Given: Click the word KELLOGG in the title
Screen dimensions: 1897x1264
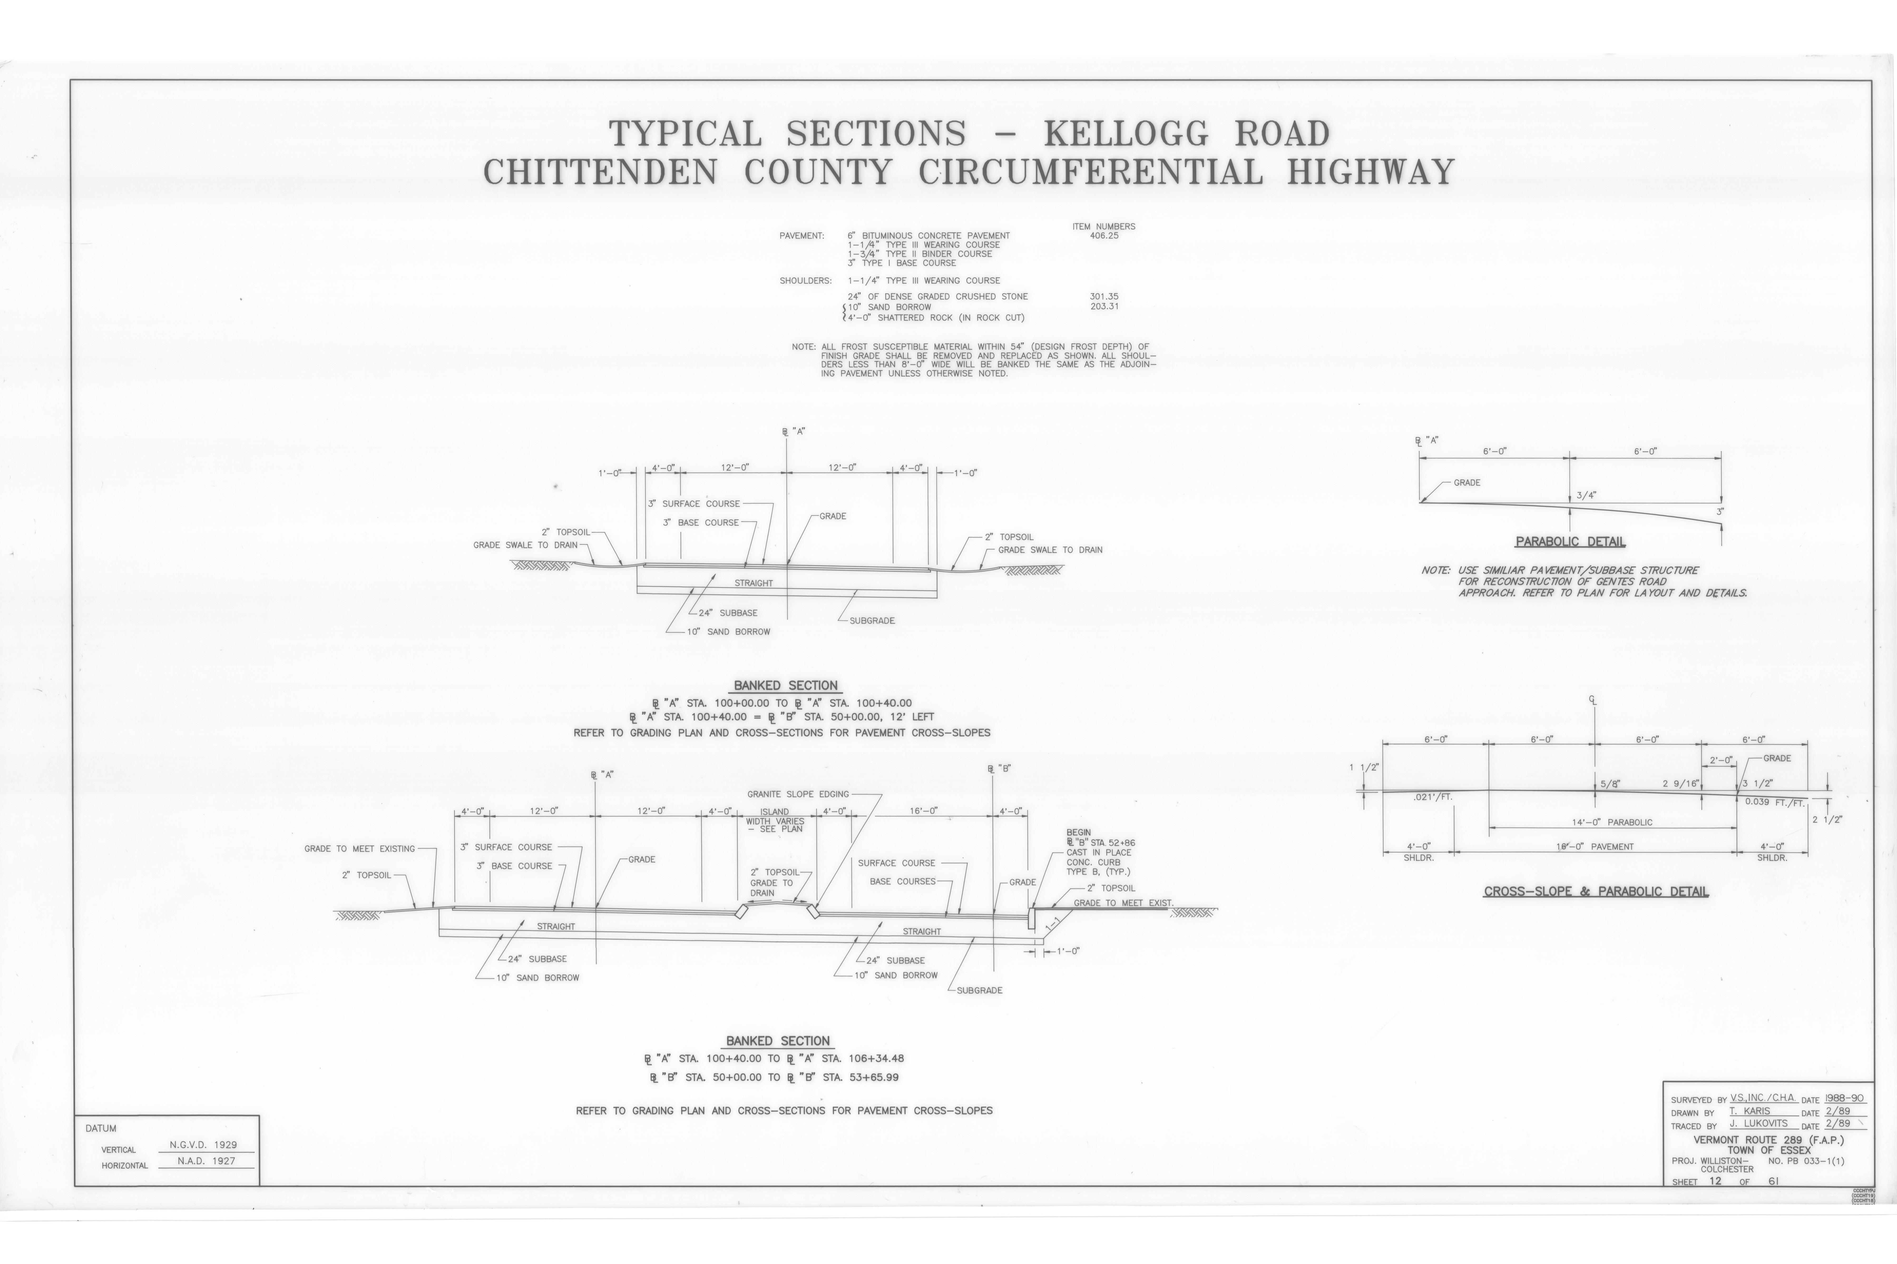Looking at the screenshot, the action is click(x=1127, y=133).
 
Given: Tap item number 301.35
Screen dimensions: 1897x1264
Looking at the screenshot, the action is click(x=1104, y=297).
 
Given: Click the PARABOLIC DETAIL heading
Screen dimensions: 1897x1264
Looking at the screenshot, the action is click(x=1570, y=542).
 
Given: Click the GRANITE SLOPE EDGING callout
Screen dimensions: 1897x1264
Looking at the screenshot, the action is click(x=798, y=794).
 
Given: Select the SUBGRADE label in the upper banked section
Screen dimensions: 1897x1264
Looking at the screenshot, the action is click(x=872, y=621).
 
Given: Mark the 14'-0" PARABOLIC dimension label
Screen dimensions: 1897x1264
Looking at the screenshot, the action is click(x=1612, y=822).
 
